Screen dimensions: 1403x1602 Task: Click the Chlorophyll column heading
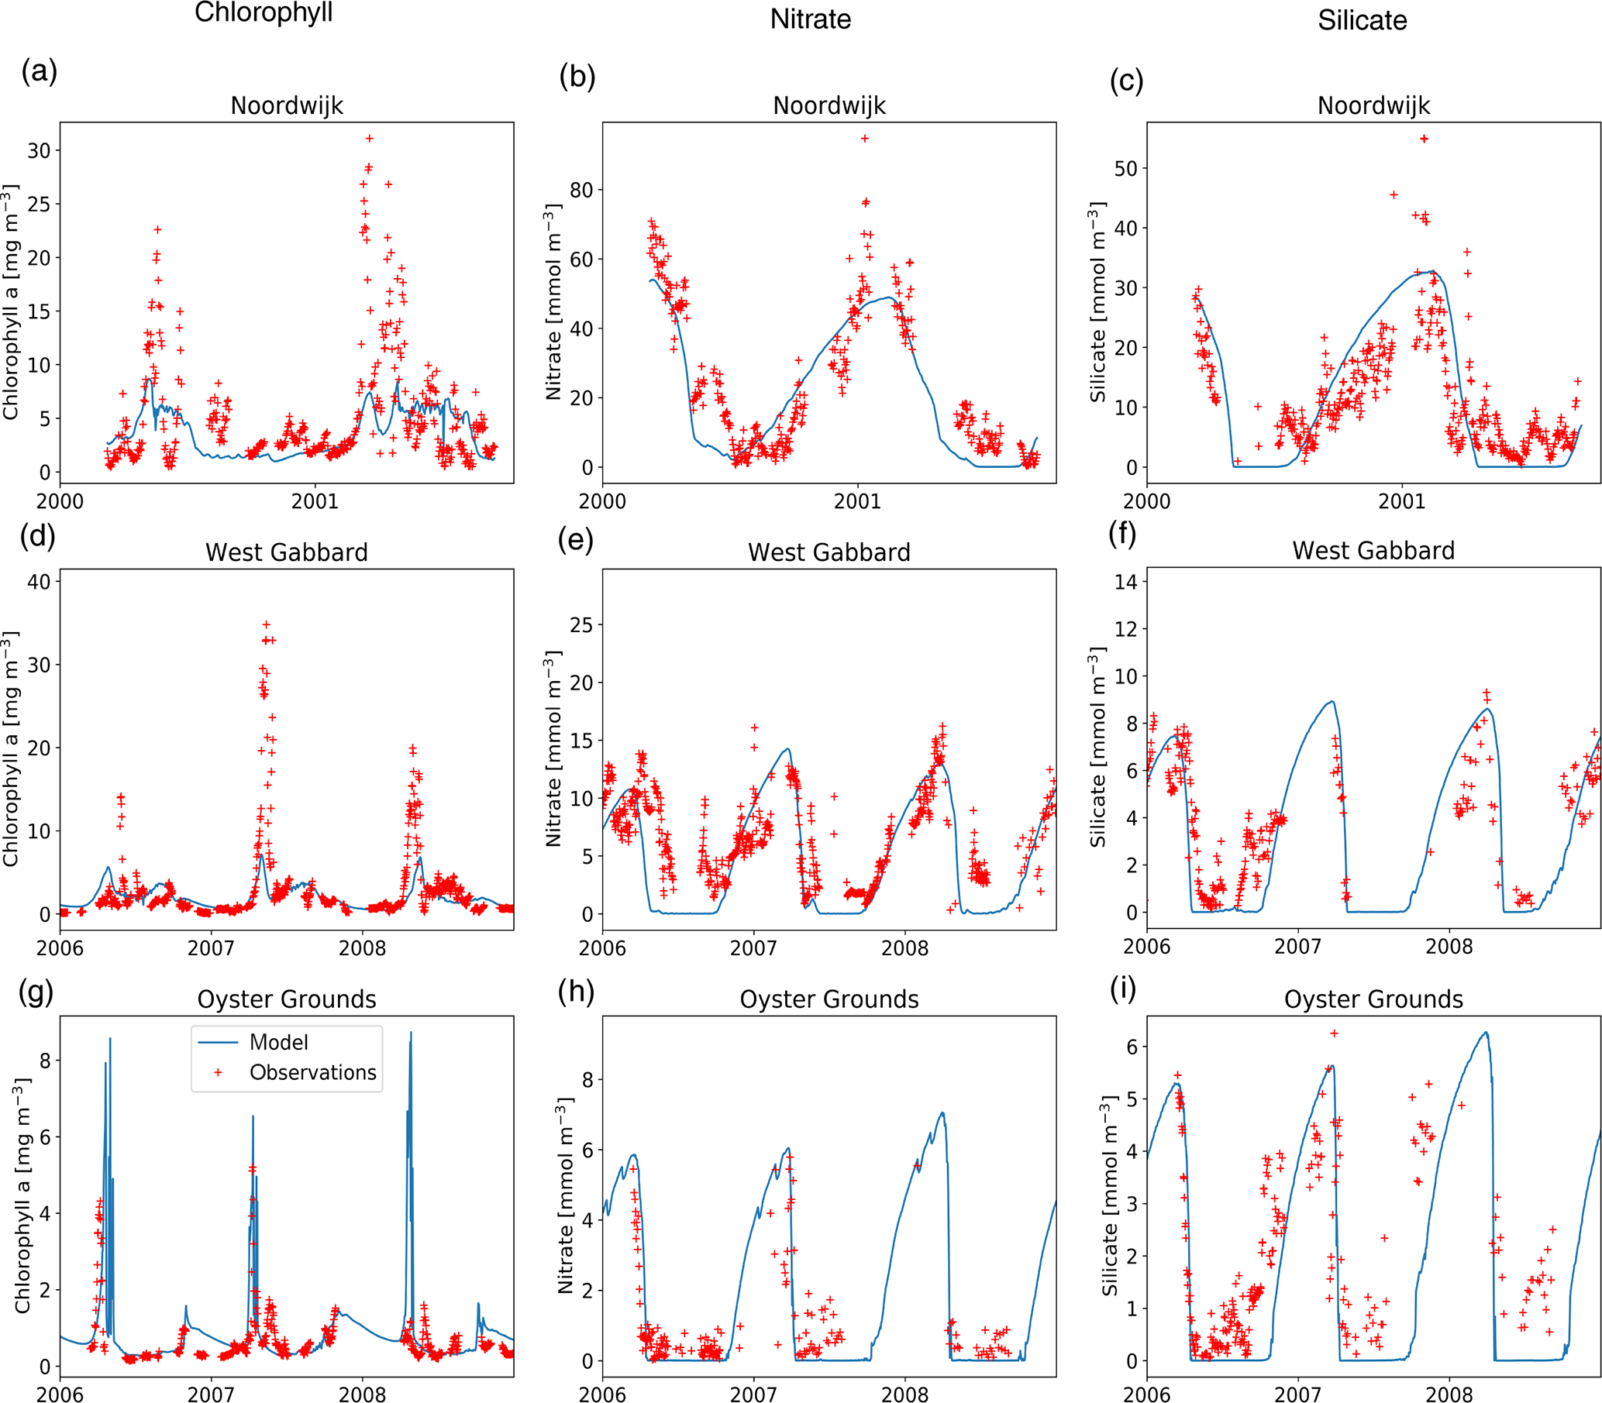click(x=264, y=12)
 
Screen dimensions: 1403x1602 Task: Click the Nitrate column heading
click(x=810, y=19)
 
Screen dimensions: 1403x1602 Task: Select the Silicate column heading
click(x=1362, y=20)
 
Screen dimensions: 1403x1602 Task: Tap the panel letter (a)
click(x=40, y=72)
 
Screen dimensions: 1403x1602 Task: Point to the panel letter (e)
click(x=576, y=540)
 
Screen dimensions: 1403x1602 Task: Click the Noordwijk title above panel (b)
click(x=829, y=105)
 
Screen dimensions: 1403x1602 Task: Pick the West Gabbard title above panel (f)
click(x=1373, y=550)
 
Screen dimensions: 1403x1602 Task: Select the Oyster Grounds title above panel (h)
click(x=829, y=999)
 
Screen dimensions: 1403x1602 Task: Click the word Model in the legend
click(x=278, y=1042)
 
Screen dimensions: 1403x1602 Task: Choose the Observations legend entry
click(x=312, y=1072)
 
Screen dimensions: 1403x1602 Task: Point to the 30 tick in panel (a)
click(x=40, y=150)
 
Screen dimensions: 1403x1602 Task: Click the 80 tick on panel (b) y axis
click(x=581, y=190)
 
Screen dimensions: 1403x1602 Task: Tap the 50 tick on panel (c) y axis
click(x=1125, y=168)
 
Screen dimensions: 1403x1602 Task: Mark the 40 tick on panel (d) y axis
click(x=40, y=581)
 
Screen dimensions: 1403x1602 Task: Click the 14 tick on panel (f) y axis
click(x=1125, y=581)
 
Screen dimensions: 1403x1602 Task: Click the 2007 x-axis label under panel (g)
click(x=211, y=1394)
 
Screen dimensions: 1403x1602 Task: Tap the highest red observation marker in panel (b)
click(x=865, y=139)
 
